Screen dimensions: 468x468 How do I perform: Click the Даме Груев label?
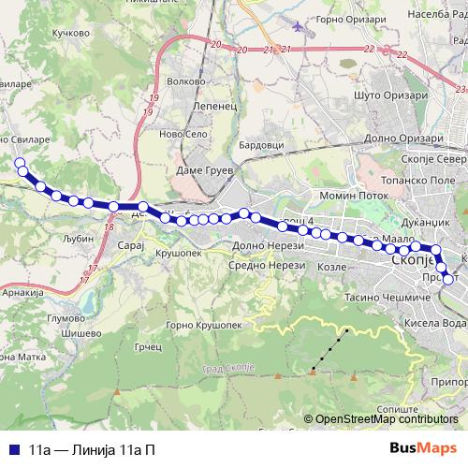click(204, 171)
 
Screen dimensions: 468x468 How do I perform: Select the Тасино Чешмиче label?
click(385, 298)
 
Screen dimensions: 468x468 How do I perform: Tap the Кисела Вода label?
click(439, 323)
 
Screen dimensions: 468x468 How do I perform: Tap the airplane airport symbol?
click(298, 25)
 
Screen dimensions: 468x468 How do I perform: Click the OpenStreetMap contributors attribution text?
click(385, 420)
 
